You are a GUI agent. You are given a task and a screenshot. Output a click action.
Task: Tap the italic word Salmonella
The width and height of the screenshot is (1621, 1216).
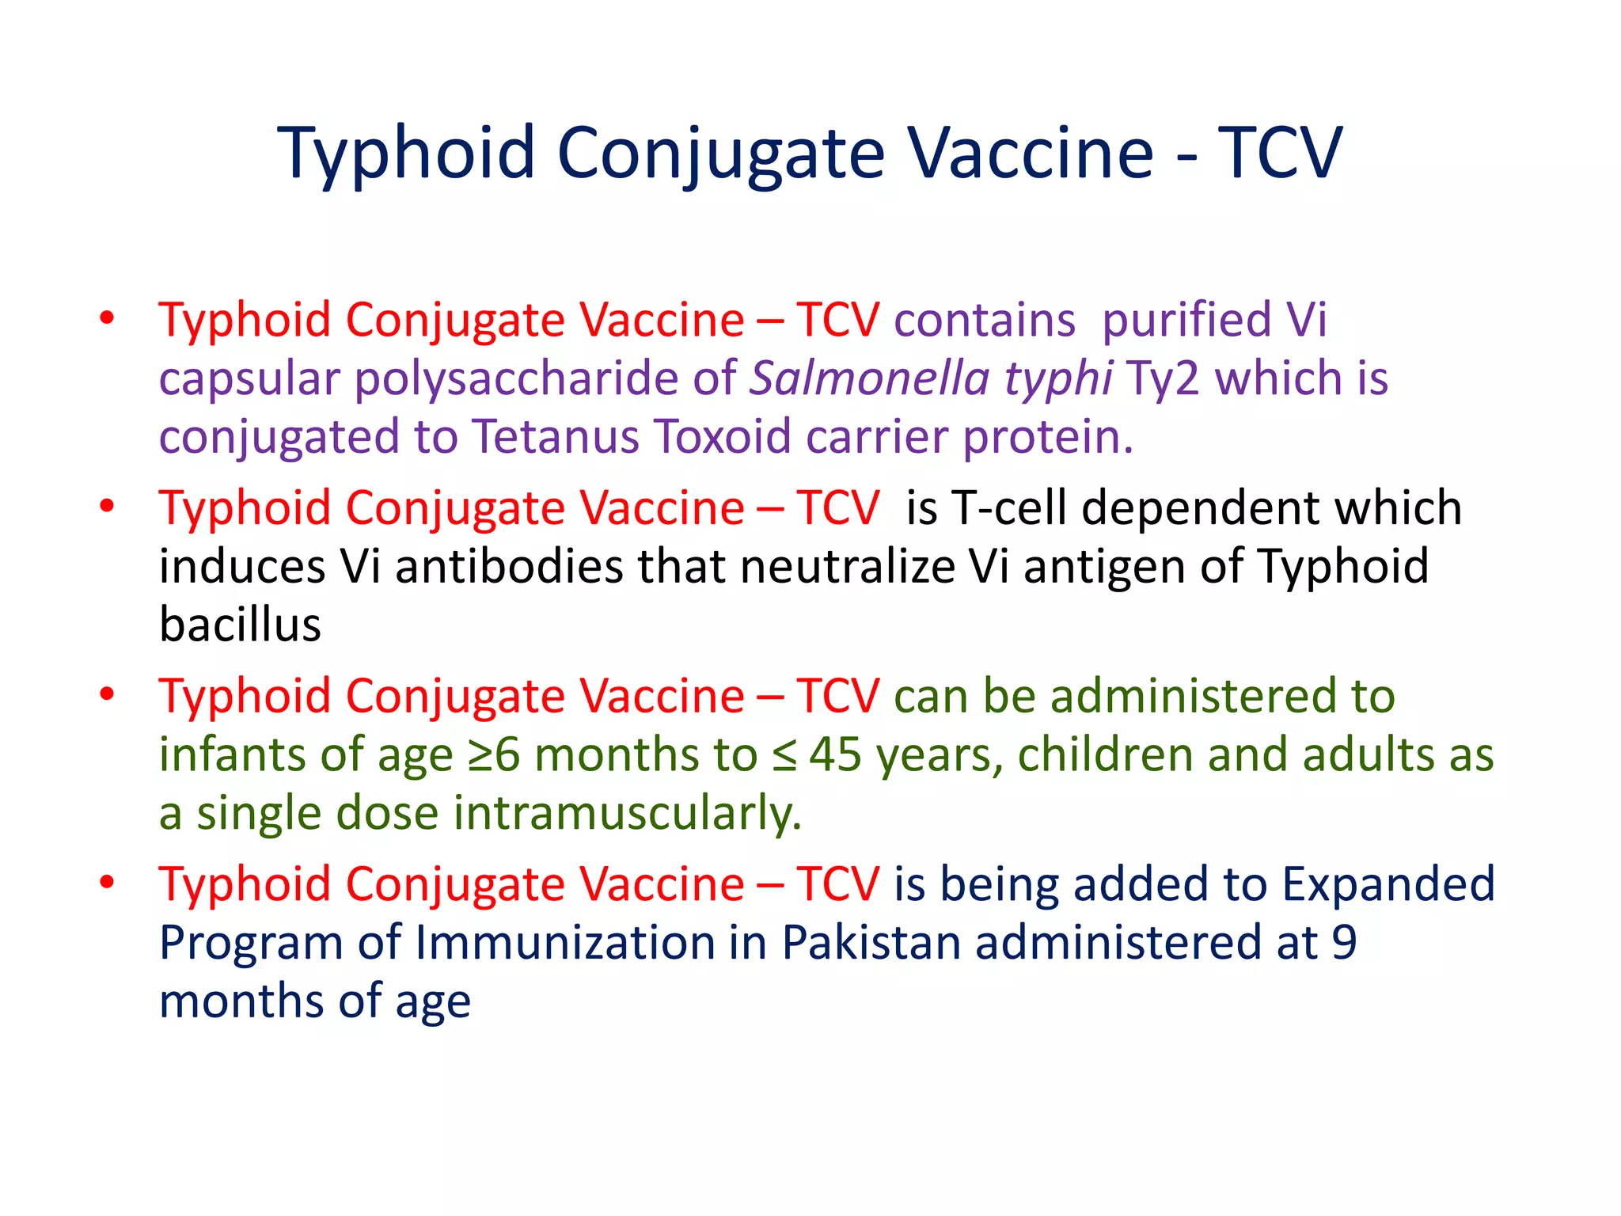pos(869,378)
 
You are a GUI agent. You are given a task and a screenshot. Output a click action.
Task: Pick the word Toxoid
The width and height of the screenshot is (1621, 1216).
pos(722,436)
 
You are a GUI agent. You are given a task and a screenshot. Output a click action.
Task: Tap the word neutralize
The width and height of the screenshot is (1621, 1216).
pos(847,566)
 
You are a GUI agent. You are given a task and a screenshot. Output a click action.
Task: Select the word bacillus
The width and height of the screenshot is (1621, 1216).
pos(240,624)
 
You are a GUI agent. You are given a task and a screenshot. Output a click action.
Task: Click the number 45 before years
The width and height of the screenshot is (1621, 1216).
pos(835,754)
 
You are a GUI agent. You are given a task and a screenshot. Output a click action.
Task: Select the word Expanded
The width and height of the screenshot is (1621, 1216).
pos(1388,883)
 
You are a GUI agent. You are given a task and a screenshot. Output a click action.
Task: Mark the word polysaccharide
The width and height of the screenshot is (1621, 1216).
pos(516,379)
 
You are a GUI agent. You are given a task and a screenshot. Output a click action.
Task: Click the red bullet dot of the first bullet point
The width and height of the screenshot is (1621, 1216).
pos(108,318)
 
